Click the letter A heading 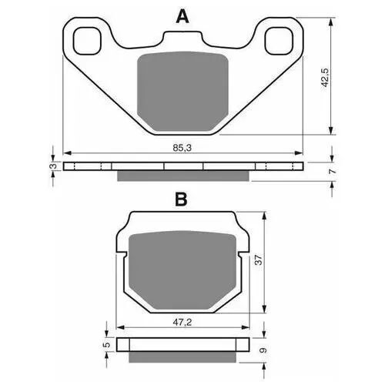(182, 16)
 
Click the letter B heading (181, 199)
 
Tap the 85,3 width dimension (182, 148)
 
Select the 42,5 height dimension (326, 78)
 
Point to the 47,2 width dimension (182, 323)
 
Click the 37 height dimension (259, 259)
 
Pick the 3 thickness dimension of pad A (53, 166)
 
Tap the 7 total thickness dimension (332, 171)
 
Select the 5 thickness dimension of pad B (108, 344)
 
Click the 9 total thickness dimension (263, 350)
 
